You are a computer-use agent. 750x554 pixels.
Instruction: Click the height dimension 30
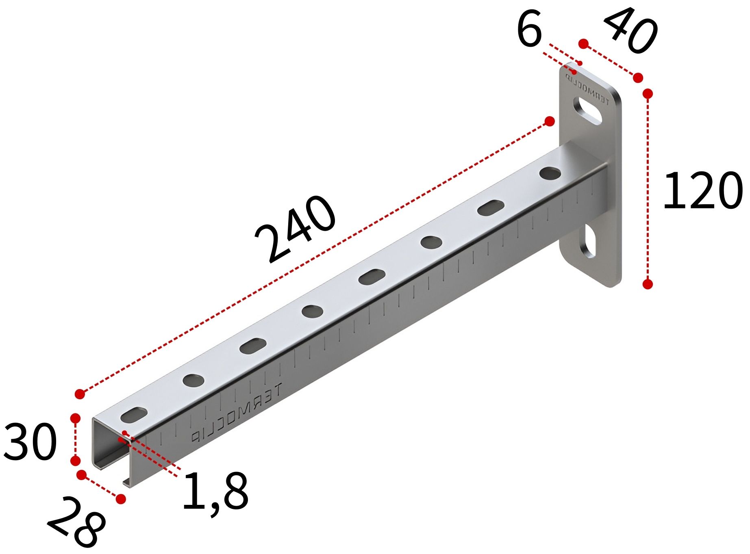pyautogui.click(x=29, y=442)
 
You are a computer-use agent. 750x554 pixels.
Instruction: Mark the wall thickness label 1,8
pyautogui.click(x=215, y=492)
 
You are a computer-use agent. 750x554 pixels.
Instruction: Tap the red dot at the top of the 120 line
pyautogui.click(x=648, y=94)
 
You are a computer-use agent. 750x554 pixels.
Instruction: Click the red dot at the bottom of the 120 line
pyautogui.click(x=648, y=284)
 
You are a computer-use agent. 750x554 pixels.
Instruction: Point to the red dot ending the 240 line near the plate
pyautogui.click(x=549, y=121)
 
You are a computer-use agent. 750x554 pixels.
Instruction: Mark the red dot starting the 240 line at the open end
pyautogui.click(x=80, y=394)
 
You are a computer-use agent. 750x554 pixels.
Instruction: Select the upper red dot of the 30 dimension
pyautogui.click(x=75, y=418)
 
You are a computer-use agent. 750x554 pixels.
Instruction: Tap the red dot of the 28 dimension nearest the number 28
pyautogui.click(x=121, y=499)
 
